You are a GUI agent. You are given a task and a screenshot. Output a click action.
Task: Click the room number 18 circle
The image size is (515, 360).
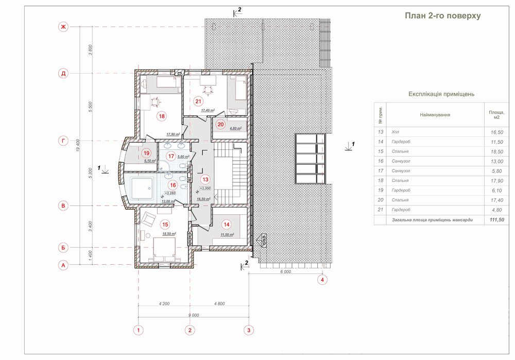tap(162, 116)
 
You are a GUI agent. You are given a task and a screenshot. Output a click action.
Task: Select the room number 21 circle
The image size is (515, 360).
tap(198, 101)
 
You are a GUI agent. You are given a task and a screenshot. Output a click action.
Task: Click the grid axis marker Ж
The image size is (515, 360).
tap(63, 27)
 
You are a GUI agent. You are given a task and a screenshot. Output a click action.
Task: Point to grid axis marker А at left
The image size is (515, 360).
tap(63, 266)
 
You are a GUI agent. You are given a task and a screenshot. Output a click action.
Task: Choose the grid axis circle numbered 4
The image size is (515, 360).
tap(322, 280)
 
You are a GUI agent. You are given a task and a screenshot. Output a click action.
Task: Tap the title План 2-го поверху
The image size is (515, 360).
tap(443, 16)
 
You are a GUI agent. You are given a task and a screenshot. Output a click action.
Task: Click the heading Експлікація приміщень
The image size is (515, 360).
tap(441, 94)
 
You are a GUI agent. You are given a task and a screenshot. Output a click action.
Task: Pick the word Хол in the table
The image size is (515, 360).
tap(396, 131)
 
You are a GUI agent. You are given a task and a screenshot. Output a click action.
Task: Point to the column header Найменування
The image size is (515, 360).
tap(435, 114)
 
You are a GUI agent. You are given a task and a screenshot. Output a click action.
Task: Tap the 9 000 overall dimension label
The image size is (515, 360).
tap(194, 315)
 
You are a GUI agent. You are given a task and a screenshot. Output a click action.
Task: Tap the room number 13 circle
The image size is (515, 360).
tap(205, 180)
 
